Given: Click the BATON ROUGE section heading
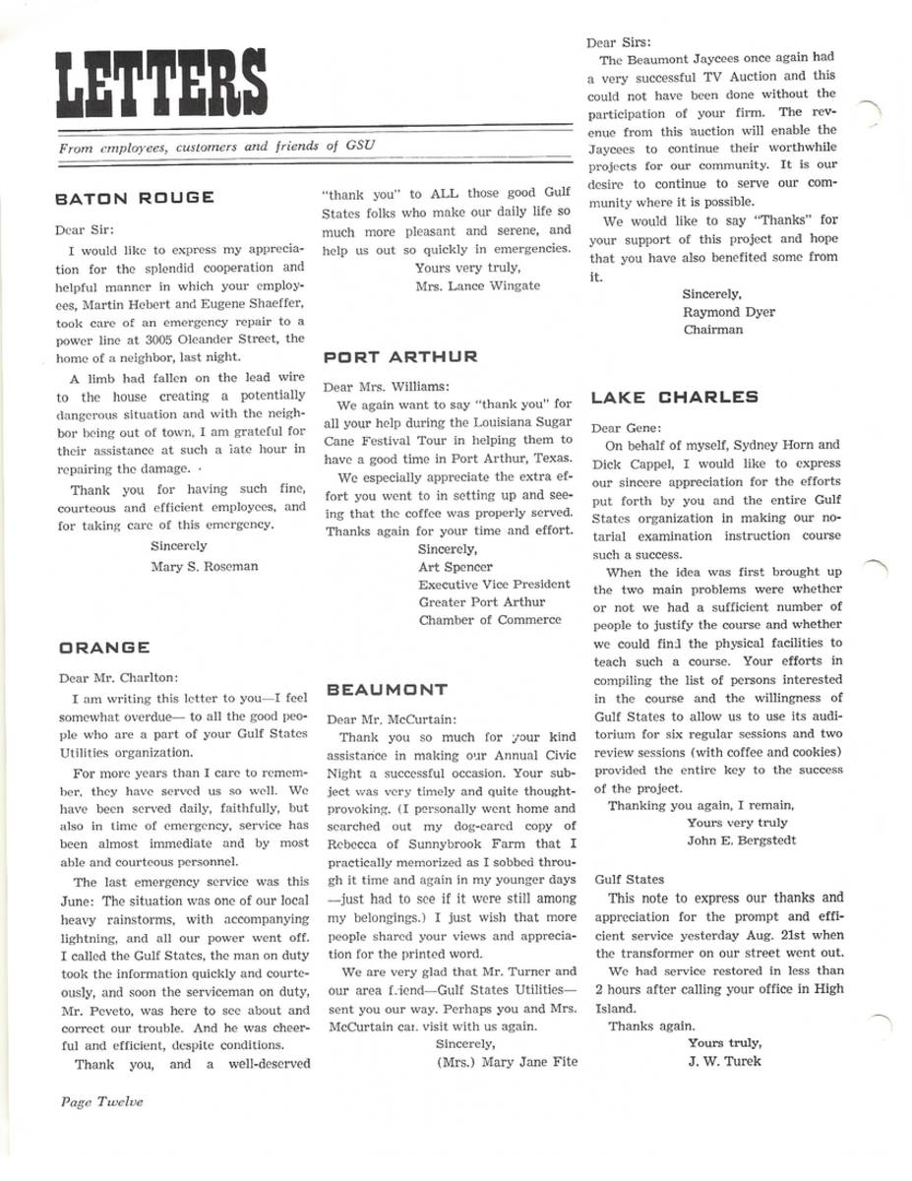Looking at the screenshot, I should click(134, 198).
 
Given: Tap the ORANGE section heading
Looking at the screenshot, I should click(104, 648).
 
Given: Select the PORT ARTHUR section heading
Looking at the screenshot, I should click(400, 356).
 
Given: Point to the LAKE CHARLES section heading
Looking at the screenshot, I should click(674, 398).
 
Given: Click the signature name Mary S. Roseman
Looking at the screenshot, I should click(204, 566).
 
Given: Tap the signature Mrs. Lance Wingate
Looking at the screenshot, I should click(477, 285).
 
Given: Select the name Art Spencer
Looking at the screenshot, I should click(456, 567).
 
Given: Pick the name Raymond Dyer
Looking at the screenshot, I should click(728, 312).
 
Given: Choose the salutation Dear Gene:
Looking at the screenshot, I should click(626, 428).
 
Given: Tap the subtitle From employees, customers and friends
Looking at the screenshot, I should click(217, 147).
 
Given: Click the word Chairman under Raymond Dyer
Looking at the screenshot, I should click(713, 330).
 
